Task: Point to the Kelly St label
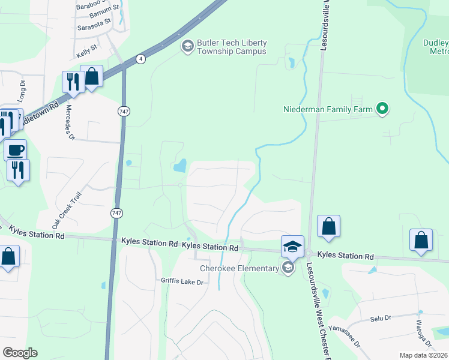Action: point(86,47)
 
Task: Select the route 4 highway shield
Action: point(140,59)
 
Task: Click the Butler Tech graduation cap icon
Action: point(187,46)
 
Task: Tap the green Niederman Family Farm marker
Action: point(382,109)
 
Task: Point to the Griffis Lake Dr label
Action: point(183,281)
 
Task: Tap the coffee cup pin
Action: point(16,149)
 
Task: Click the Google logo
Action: point(20,353)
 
